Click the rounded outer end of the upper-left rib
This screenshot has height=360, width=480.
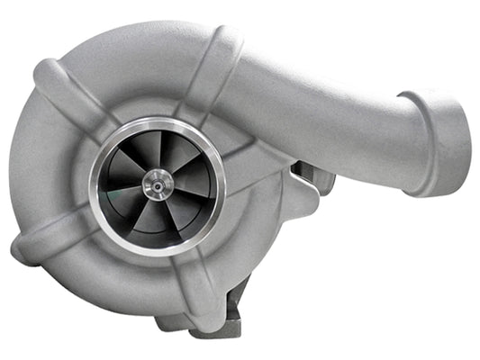coord(45,72)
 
